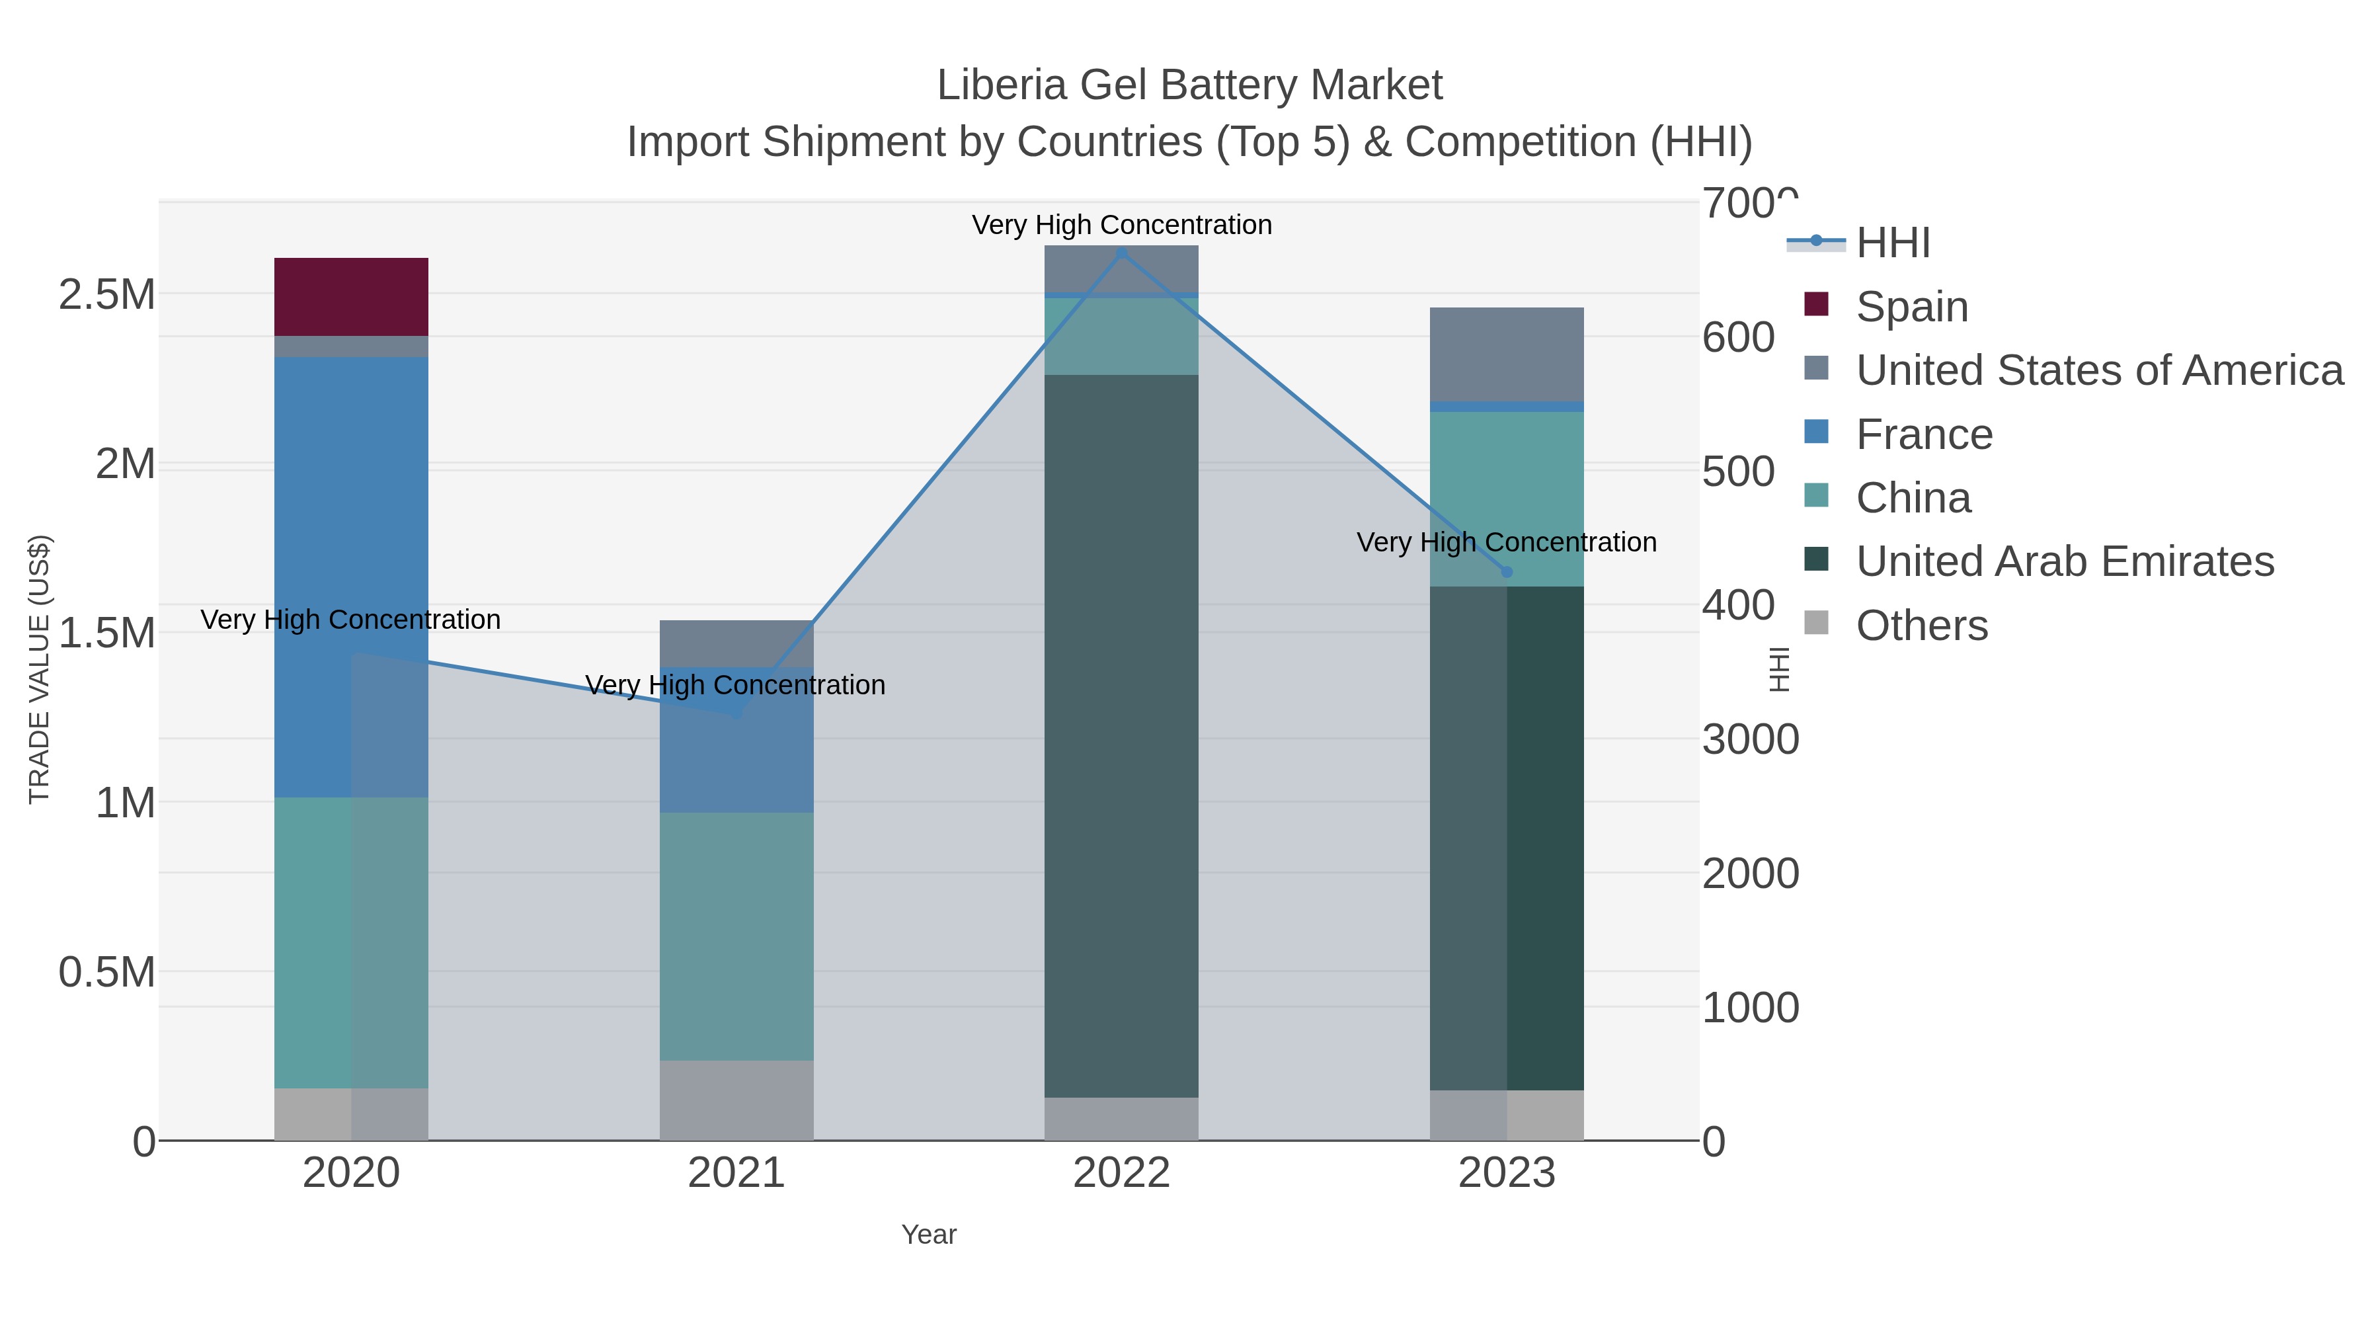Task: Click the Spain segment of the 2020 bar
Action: pyautogui.click(x=351, y=297)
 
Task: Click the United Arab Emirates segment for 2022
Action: pyautogui.click(x=1121, y=735)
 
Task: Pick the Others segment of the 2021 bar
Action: pyautogui.click(x=736, y=1100)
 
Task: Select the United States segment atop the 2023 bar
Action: pyautogui.click(x=1506, y=354)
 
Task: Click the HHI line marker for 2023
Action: pyautogui.click(x=1507, y=572)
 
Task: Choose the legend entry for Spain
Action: pyautogui.click(x=1911, y=306)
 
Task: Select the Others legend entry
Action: pyautogui.click(x=1921, y=626)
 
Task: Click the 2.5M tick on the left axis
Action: pyautogui.click(x=106, y=295)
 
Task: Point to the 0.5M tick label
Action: pyautogui.click(x=106, y=972)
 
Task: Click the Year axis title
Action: pyautogui.click(x=929, y=1235)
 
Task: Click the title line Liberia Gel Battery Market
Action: pyautogui.click(x=1189, y=85)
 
